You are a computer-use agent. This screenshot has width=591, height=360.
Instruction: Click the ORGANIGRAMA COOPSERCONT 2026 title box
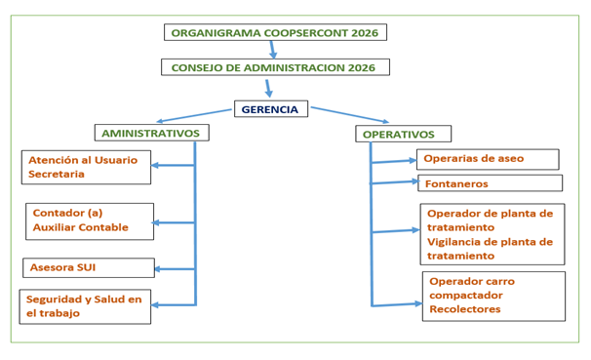tap(275, 32)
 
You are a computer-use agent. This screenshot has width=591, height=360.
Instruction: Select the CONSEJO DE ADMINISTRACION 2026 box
tap(275, 67)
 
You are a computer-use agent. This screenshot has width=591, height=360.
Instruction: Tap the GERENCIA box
tap(271, 109)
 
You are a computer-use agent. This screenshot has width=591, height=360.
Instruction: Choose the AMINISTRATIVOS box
tap(151, 133)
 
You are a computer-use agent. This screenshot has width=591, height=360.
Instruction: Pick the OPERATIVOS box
tap(403, 134)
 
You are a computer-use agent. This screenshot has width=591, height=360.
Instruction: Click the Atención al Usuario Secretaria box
tap(86, 167)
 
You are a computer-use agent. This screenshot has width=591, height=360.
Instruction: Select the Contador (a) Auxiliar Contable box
tap(90, 220)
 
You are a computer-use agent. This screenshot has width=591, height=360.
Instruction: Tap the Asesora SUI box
tap(88, 267)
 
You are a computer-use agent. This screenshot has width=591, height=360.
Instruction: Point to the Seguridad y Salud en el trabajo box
tap(85, 305)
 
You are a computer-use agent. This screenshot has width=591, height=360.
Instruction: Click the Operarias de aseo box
tap(488, 159)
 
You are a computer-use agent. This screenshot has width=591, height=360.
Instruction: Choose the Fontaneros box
tap(490, 183)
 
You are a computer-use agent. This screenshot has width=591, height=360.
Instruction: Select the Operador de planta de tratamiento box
tap(492, 233)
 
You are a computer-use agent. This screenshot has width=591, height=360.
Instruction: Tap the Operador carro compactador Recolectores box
tap(493, 296)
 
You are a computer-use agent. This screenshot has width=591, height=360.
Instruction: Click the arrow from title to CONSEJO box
tap(273, 50)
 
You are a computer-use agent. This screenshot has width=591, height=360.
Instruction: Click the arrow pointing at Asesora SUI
tap(174, 268)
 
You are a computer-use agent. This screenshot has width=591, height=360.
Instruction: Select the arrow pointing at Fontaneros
tap(394, 182)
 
